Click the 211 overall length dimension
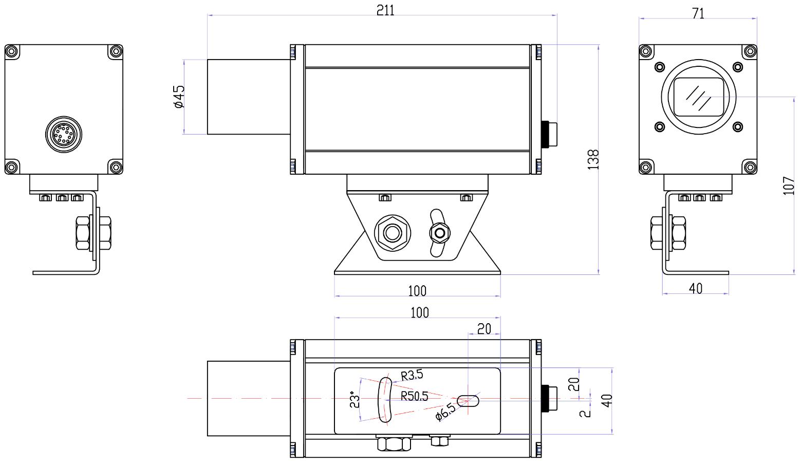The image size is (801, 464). click(385, 10)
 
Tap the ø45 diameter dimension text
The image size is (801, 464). click(178, 97)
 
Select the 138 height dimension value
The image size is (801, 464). click(593, 160)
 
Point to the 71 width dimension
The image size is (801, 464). click(698, 13)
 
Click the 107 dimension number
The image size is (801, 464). click(789, 185)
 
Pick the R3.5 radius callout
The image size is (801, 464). click(412, 375)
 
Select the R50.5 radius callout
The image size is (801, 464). click(414, 396)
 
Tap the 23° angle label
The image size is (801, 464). click(354, 399)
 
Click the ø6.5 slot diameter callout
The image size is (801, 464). click(445, 412)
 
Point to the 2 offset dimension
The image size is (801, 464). click(585, 414)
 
